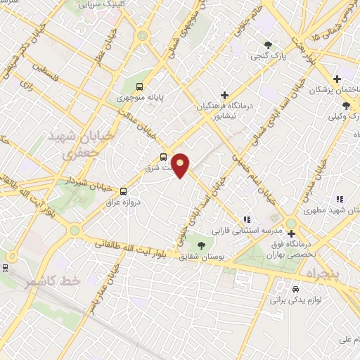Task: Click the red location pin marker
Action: tap(181, 165)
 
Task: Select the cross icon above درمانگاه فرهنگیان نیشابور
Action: tap(224, 95)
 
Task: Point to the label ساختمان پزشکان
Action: tap(330, 89)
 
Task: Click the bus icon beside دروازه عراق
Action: tap(124, 191)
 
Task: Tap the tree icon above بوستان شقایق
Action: tap(202, 245)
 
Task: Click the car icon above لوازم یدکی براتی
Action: tap(295, 289)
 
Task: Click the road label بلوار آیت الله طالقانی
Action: tap(134, 250)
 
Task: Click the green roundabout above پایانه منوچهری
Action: tap(143, 35)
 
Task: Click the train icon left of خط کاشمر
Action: tap(5, 267)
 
